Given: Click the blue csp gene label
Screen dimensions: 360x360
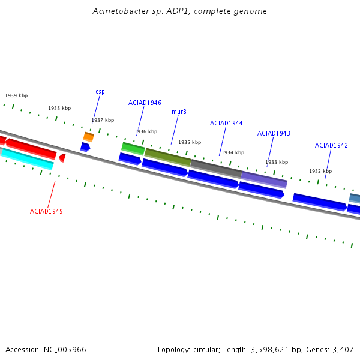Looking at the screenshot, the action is coord(100,92).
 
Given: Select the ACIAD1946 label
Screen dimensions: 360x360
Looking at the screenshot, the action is coord(145,103).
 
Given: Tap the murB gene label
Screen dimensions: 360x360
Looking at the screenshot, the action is coord(179,112).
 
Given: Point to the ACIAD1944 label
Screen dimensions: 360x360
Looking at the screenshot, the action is coord(226,123).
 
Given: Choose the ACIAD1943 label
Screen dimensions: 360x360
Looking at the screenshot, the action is coord(274,133).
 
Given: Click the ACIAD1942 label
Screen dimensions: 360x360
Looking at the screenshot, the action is coord(331,145).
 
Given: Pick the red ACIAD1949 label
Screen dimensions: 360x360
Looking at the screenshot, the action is coord(46,211).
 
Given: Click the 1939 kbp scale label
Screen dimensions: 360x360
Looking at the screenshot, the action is coord(16,95).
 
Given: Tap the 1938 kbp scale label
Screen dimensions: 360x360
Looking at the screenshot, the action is coord(59,108).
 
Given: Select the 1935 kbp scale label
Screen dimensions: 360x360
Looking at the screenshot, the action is coord(190,142).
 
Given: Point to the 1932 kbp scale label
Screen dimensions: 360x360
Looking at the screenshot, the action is coord(320,171).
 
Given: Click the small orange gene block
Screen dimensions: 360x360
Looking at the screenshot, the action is coord(89,137).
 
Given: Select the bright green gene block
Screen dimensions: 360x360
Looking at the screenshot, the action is coord(133,149).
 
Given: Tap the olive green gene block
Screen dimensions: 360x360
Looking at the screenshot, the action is coord(168,157).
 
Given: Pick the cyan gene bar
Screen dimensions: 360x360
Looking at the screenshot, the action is coord(28,159).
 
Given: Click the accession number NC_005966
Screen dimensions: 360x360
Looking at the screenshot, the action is coord(65,350).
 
